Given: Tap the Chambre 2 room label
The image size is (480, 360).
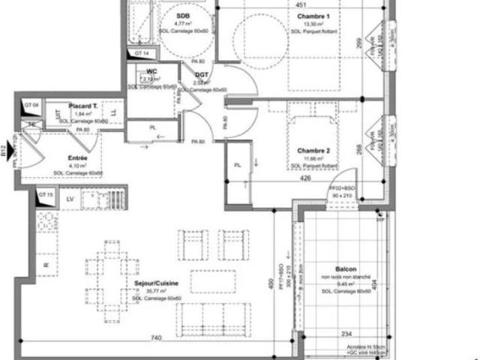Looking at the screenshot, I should click(313, 149).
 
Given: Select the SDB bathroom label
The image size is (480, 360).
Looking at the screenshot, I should click(182, 16).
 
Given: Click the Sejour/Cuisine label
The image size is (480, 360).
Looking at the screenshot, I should click(153, 284).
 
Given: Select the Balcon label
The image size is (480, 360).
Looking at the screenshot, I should click(346, 270).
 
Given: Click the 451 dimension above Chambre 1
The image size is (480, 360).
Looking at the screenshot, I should click(299, 4).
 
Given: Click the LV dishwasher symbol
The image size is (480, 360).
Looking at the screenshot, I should click(70, 199).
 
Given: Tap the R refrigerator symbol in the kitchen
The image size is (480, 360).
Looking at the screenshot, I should click(46, 264).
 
